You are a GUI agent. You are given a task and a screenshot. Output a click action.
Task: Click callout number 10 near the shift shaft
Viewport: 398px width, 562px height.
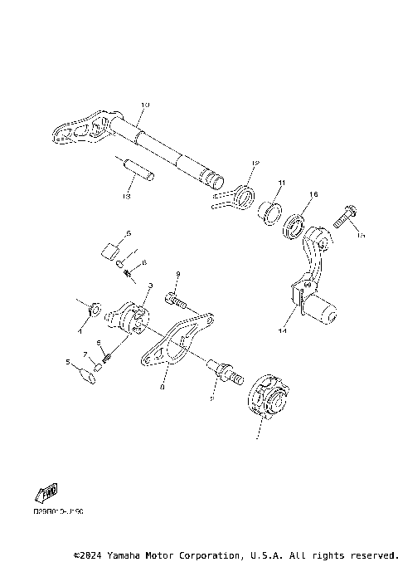click(145, 105)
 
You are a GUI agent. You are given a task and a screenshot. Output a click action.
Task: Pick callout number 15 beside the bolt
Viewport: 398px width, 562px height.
click(361, 236)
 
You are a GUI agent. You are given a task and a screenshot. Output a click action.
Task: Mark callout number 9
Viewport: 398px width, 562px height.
click(177, 273)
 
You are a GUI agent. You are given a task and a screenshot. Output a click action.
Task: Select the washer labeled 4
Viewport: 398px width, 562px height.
click(95, 310)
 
